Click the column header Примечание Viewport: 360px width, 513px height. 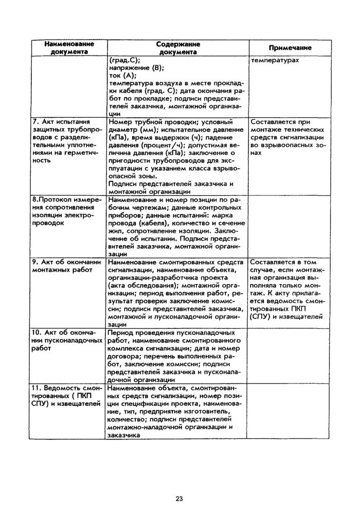pyautogui.click(x=289, y=47)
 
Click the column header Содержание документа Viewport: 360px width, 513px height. pyautogui.click(x=177, y=48)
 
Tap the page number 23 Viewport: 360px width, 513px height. pyautogui.click(x=179, y=498)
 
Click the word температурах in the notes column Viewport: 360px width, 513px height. pyautogui.click(x=275, y=60)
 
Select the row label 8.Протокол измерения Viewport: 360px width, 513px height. pyautogui.click(x=67, y=199)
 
